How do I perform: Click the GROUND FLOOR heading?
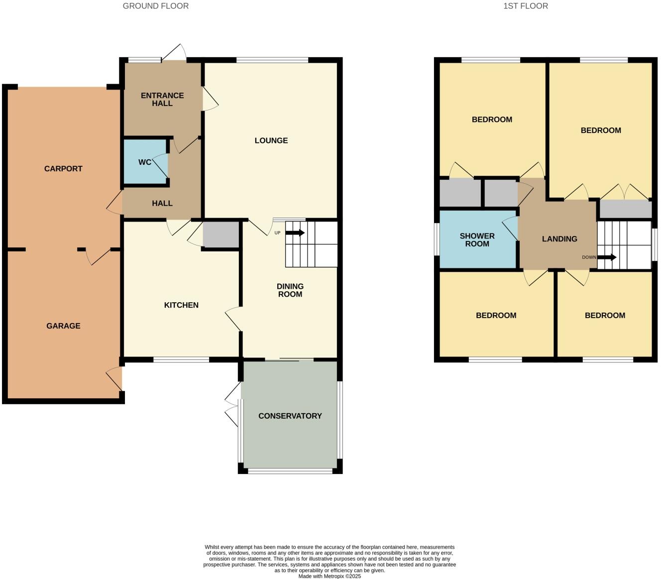click(156, 6)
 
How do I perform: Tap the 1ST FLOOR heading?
click(526, 6)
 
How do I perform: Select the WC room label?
click(145, 162)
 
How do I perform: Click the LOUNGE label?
click(271, 140)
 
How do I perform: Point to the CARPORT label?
click(63, 169)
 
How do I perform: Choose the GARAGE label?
click(63, 326)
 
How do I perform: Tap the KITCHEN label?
click(181, 305)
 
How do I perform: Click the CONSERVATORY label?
click(290, 416)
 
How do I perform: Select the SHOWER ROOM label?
click(477, 240)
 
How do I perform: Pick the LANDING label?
click(559, 239)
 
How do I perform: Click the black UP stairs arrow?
click(295, 232)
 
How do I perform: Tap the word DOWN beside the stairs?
click(589, 257)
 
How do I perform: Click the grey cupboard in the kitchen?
click(221, 234)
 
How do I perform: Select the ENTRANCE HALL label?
click(162, 99)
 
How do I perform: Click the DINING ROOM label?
click(290, 290)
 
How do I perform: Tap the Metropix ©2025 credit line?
click(330, 576)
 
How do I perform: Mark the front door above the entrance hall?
click(174, 52)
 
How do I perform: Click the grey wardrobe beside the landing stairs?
click(626, 209)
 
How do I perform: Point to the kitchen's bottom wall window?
click(181, 359)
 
